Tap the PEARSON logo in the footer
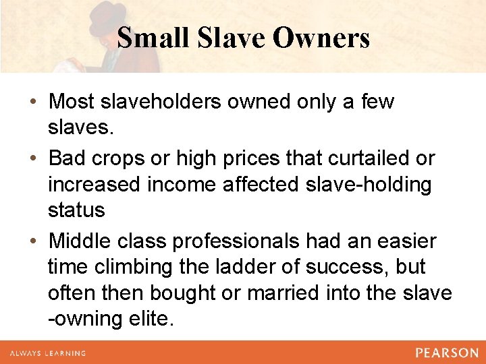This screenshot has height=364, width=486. click(447, 353)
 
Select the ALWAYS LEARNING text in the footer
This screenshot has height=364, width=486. click(47, 353)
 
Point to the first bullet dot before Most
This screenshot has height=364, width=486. click(33, 102)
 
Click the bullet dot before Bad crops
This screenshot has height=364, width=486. click(33, 159)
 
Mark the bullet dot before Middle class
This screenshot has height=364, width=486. click(33, 241)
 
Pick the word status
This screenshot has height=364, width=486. click(76, 210)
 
